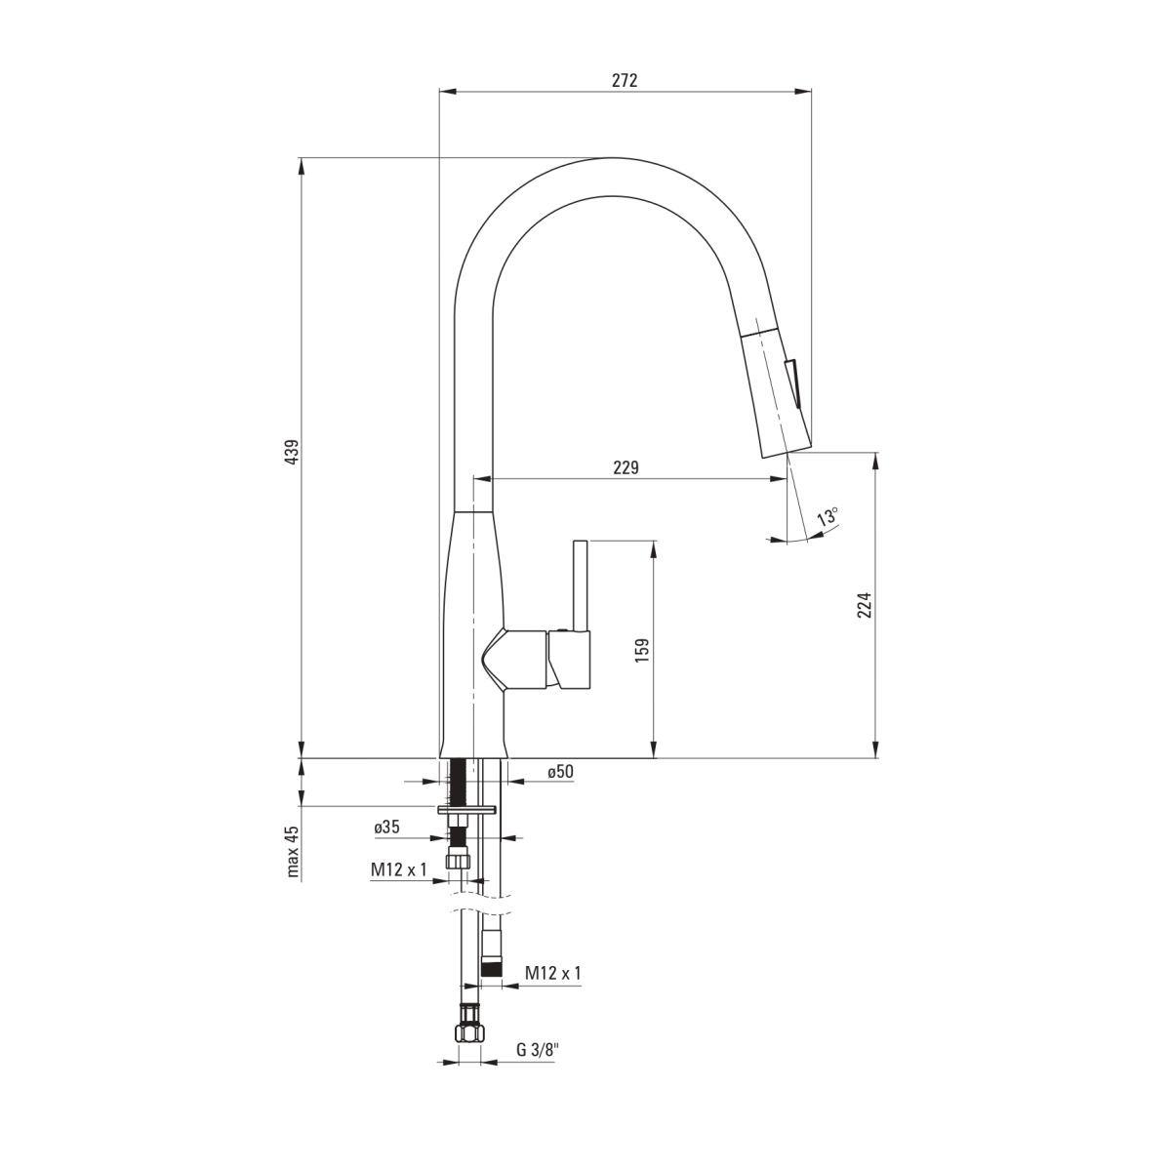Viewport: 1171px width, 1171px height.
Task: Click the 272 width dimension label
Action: point(625,81)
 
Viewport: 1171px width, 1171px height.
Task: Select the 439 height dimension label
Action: point(293,452)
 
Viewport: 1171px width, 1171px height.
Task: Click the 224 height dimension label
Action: point(865,605)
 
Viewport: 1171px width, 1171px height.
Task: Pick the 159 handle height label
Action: point(642,650)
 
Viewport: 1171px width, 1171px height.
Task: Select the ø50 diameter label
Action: point(560,771)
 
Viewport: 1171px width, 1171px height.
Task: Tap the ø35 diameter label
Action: point(387,828)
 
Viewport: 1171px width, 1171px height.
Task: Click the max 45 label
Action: point(293,852)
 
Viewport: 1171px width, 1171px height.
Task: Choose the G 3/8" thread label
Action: point(536,1050)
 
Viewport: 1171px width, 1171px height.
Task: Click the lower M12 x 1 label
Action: point(553,973)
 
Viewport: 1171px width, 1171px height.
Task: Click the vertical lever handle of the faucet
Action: point(581,585)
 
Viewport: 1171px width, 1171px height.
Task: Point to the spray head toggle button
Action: point(792,384)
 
